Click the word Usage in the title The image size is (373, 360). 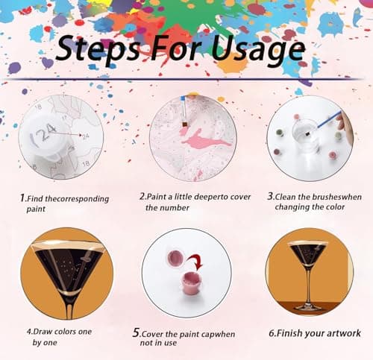click(x=258, y=50)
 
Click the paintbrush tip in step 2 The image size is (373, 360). click(x=185, y=124)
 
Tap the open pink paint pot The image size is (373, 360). click(x=190, y=282)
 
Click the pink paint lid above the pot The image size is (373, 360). click(x=175, y=258)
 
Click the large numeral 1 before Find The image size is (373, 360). click(x=23, y=198)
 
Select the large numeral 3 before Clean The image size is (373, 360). click(x=270, y=196)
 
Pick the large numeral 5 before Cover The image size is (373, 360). click(x=137, y=332)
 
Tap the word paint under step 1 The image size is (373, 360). click(x=36, y=209)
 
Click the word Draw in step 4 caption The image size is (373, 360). click(x=43, y=332)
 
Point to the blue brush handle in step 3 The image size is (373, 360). click(x=330, y=119)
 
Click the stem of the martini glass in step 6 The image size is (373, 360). click(x=309, y=285)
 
